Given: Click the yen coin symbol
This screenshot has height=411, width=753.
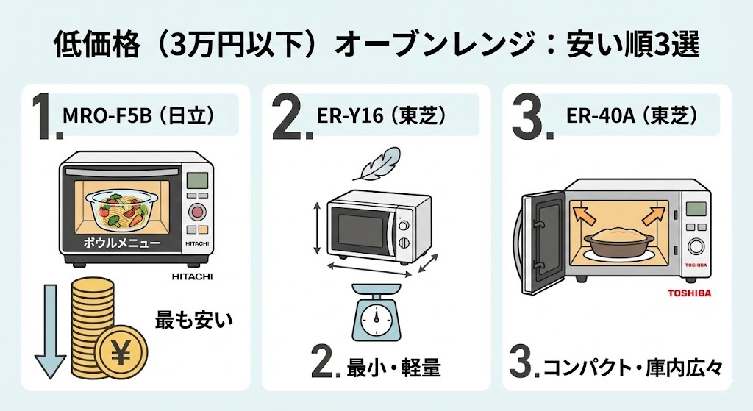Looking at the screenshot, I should [x=117, y=354].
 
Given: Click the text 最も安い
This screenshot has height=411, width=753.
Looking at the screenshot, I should [x=193, y=319].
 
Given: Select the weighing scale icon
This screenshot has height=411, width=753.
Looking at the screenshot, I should [x=375, y=314].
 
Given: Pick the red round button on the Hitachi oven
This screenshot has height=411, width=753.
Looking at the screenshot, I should [x=196, y=213].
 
